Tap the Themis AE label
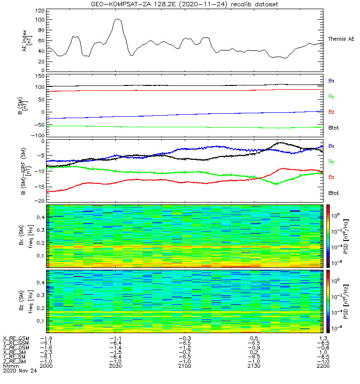(341, 38)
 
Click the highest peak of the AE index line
(118, 19)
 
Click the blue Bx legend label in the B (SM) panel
(331, 81)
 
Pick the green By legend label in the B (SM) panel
(331, 96)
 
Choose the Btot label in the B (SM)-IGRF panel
(334, 192)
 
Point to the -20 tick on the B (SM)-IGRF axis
(38, 201)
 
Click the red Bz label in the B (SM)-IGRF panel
(331, 177)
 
